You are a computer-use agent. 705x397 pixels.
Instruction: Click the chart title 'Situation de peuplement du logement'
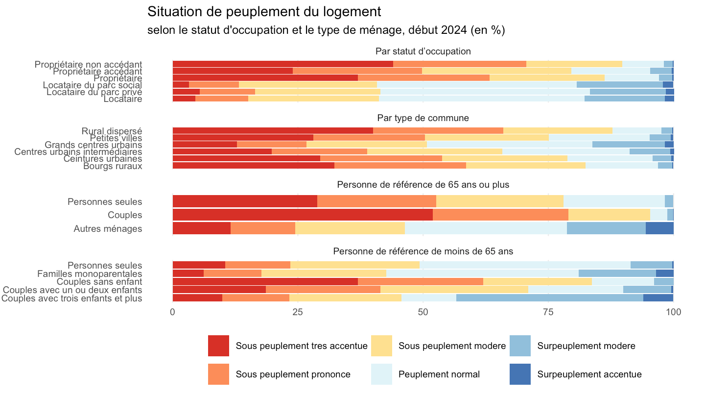point(264,12)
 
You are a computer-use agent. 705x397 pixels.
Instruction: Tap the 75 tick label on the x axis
point(548,312)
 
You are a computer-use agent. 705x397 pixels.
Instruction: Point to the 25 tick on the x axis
point(298,312)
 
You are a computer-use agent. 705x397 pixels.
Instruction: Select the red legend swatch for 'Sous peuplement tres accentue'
point(218,346)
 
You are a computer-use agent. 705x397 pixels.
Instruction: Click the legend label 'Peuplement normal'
point(439,374)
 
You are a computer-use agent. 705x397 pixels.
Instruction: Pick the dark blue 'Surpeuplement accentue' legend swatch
point(520,374)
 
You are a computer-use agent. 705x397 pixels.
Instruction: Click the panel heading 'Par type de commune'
point(423,118)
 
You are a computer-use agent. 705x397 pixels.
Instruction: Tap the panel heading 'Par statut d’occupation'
point(423,51)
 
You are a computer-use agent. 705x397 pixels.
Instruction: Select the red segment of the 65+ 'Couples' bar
point(303,215)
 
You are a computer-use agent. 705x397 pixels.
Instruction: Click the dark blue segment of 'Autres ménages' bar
point(659,228)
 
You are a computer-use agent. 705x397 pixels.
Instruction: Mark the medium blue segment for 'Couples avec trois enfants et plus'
point(549,298)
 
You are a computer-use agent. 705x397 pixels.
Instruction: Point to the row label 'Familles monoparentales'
point(90,274)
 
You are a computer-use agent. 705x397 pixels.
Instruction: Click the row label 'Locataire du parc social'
point(93,85)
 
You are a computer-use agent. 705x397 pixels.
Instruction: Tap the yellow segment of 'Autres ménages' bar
point(350,228)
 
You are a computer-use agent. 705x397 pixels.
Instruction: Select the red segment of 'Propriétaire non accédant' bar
point(283,64)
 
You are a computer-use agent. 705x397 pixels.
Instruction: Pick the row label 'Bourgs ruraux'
point(113,166)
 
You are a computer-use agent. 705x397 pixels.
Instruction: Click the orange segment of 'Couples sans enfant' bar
point(421,281)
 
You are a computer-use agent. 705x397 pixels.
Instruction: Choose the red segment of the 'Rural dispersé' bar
point(273,131)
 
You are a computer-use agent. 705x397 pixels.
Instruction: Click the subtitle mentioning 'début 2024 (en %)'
point(326,30)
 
